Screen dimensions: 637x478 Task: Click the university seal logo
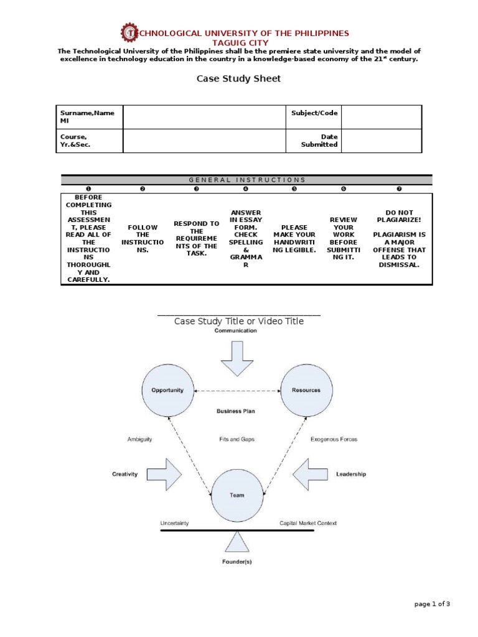[x=129, y=33]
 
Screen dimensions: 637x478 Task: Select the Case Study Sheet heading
[x=238, y=79]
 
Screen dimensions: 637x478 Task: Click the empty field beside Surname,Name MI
[x=203, y=117]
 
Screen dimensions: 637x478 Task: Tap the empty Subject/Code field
[x=381, y=117]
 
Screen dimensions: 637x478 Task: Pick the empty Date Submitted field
[x=381, y=141]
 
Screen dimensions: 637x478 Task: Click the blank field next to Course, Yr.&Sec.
[x=203, y=141]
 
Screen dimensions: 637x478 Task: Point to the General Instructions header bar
[x=246, y=180]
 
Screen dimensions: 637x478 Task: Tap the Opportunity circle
[x=167, y=390]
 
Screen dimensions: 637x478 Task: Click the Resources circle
[x=306, y=390]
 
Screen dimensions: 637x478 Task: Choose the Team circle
[x=237, y=495]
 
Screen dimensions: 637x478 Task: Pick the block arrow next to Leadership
[x=310, y=474]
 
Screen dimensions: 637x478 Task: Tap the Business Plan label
[x=236, y=411]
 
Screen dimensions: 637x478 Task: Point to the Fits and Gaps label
[x=237, y=439]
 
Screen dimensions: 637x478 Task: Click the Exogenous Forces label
[x=334, y=439]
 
